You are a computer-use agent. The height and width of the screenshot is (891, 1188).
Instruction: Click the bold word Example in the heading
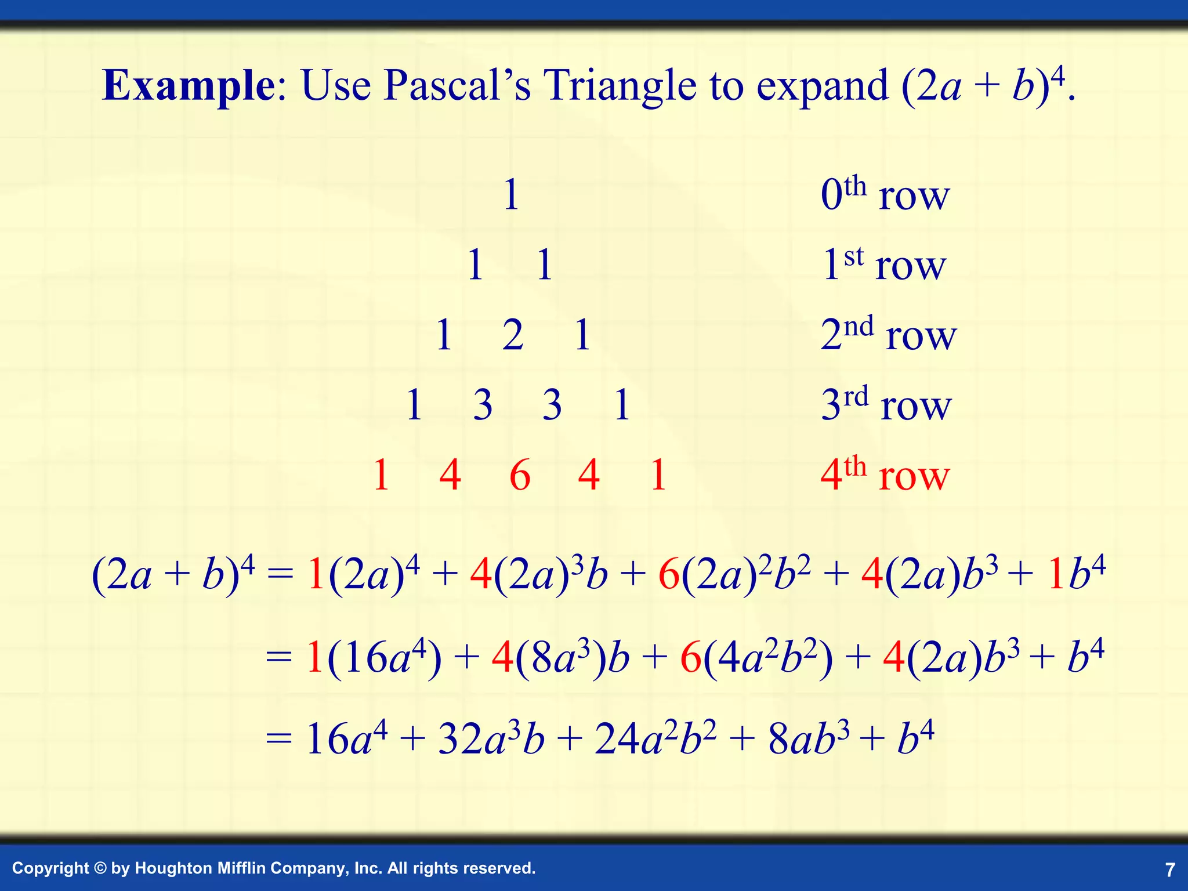point(189,86)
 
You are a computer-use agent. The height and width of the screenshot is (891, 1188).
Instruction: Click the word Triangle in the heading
point(619,86)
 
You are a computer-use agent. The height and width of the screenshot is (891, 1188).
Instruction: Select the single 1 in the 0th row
point(511,195)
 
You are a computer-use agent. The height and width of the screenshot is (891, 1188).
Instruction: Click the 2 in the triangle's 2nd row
point(513,335)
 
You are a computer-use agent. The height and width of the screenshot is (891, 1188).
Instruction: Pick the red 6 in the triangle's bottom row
point(520,475)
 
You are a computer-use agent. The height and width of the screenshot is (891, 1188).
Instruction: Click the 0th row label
point(885,195)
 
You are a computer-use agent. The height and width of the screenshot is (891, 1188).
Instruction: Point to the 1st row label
point(884,265)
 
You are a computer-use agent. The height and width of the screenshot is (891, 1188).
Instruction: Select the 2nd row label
point(888,335)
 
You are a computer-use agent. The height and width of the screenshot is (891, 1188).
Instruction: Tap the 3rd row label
point(886,404)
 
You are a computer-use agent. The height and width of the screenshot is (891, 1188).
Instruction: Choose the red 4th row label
point(885,475)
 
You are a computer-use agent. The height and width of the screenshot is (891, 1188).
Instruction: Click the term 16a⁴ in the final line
point(346,739)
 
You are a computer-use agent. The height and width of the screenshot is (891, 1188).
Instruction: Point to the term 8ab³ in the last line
point(809,739)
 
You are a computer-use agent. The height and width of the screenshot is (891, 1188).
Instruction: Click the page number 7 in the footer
point(1170,870)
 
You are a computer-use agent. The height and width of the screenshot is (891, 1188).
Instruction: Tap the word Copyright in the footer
point(50,868)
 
